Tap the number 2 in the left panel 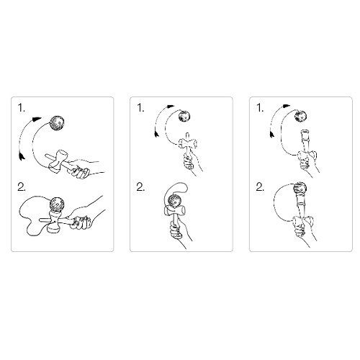coord(22,189)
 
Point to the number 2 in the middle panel coord(141,189)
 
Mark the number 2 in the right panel coord(259,189)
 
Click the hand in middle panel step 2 coord(176,234)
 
